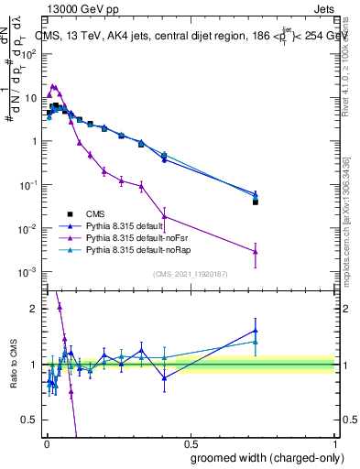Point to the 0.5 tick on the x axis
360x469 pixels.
click(190, 442)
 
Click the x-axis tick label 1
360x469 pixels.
click(334, 442)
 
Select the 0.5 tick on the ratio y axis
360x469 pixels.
click(33, 420)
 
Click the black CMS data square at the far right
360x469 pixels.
click(256, 202)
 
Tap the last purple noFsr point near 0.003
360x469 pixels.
click(256, 252)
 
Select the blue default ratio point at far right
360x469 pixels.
click(256, 331)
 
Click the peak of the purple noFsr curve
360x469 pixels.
click(52, 86)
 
